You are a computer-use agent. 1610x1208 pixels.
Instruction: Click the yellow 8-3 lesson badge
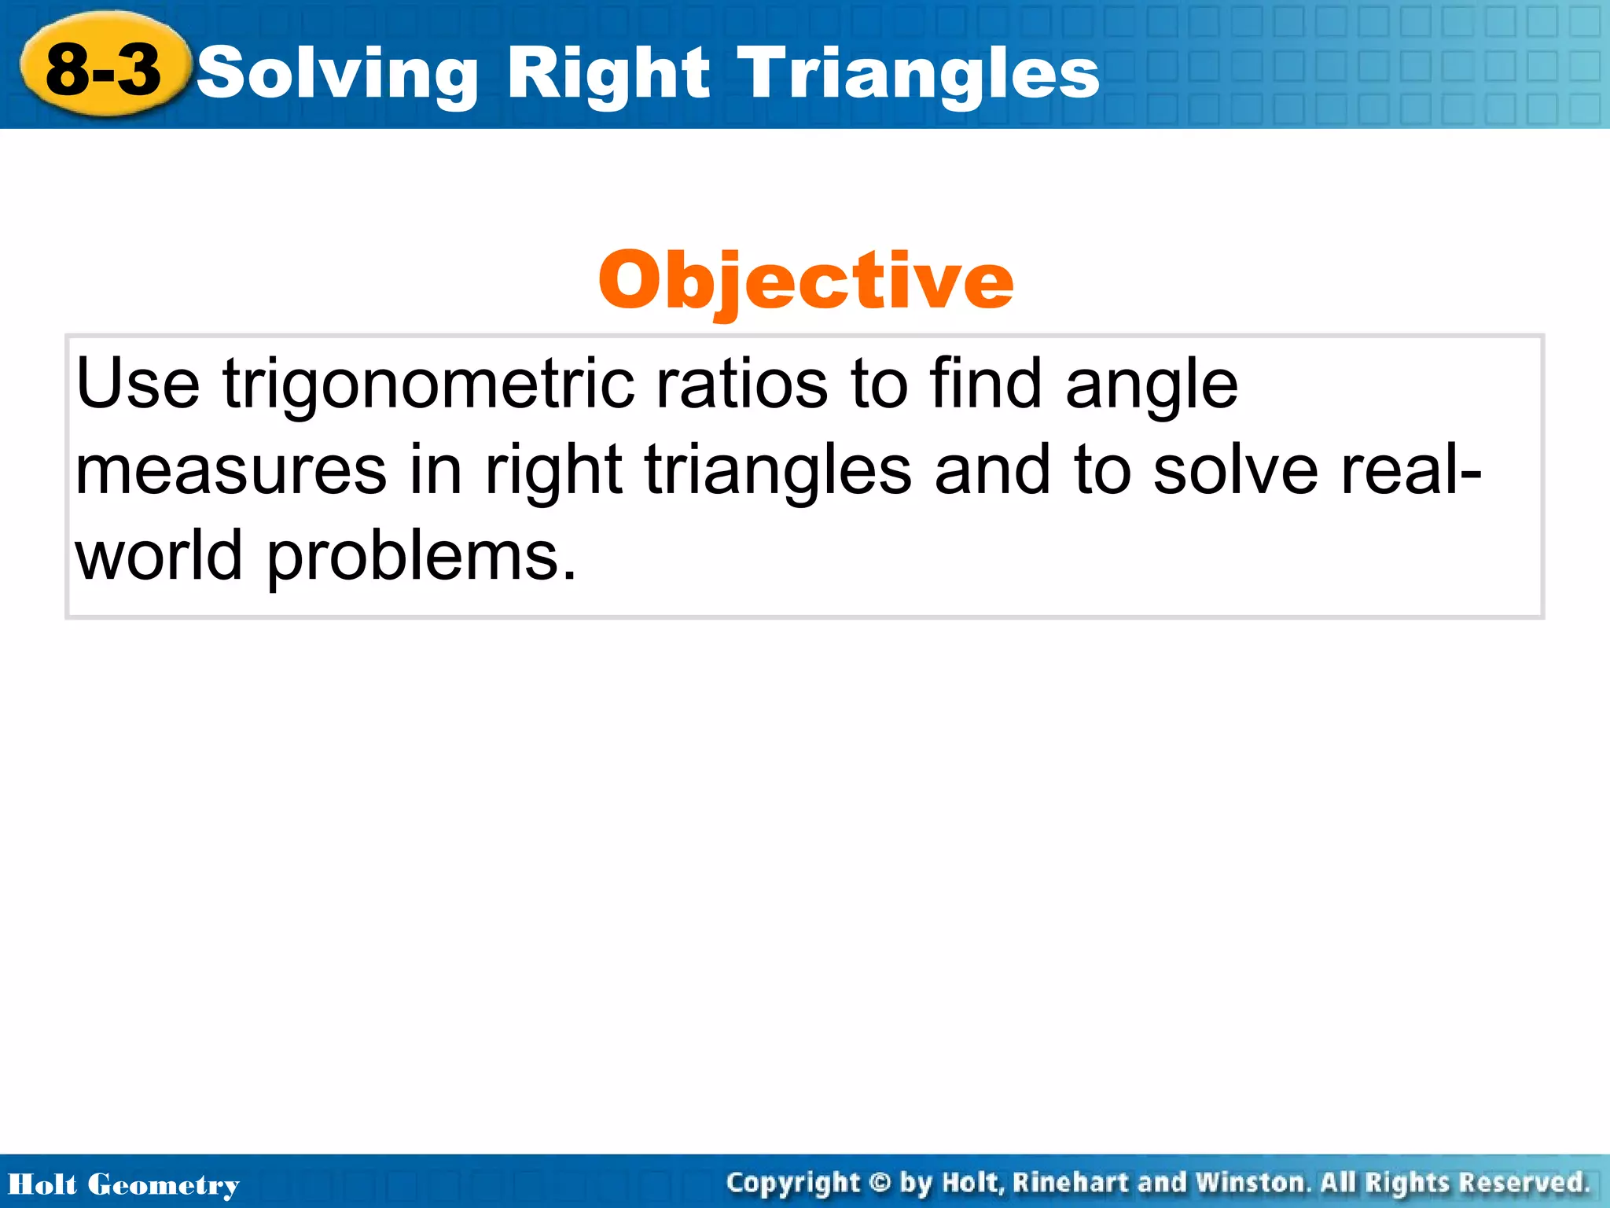coord(104,69)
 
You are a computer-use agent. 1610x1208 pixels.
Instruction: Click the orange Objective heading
coord(805,281)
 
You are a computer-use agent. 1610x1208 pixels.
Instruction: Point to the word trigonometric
coord(428,385)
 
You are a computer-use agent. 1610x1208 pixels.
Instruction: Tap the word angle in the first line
coord(1151,385)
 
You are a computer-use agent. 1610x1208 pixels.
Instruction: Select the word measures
coord(231,470)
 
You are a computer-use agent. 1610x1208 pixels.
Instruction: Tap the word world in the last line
coord(159,555)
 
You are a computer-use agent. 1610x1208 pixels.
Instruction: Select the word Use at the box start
coord(138,385)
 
